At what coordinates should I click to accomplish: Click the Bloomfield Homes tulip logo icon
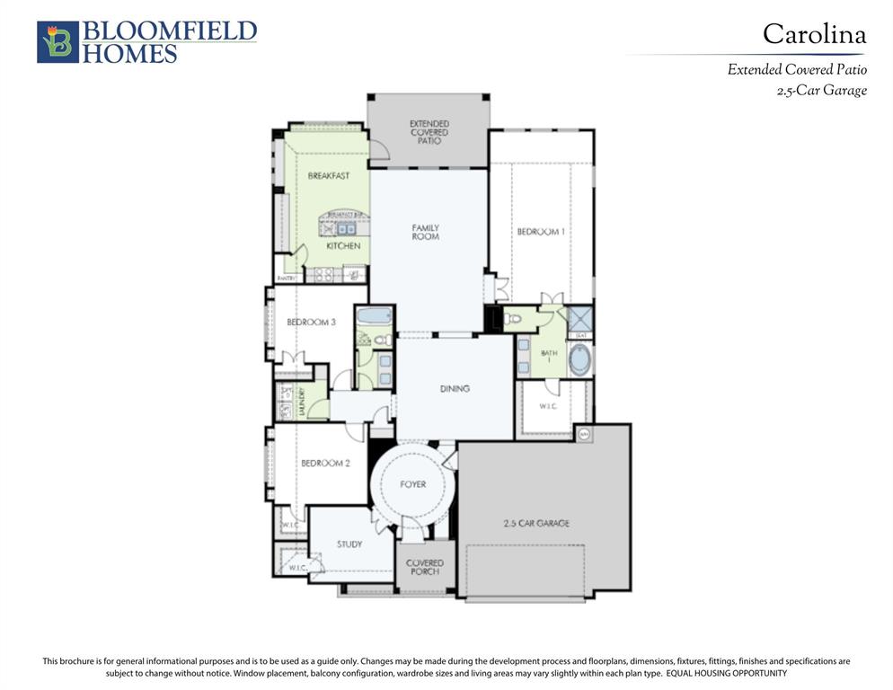click(x=57, y=42)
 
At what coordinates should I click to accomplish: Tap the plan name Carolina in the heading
click(x=814, y=34)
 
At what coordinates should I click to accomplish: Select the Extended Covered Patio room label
click(x=429, y=132)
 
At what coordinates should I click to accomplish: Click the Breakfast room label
click(x=328, y=176)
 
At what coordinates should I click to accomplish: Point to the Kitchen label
click(x=342, y=245)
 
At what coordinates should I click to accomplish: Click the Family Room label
click(x=425, y=232)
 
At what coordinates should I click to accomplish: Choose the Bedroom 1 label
click(x=540, y=232)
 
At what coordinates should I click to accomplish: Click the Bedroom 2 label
click(x=324, y=464)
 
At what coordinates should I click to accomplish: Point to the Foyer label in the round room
click(x=412, y=485)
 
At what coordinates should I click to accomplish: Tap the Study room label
click(x=349, y=544)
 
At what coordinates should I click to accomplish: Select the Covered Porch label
click(x=424, y=567)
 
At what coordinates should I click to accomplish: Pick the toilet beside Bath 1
click(x=514, y=318)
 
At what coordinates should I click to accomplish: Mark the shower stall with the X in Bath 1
click(x=580, y=318)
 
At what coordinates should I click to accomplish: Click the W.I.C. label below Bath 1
click(x=549, y=405)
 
